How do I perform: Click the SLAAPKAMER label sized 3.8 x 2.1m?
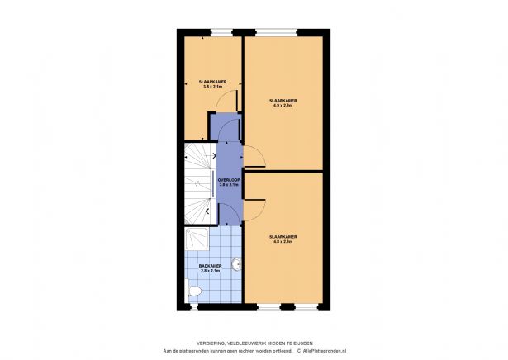tap(212, 82)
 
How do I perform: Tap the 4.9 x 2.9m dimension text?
tap(283, 106)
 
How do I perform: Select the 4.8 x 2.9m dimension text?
tap(283, 242)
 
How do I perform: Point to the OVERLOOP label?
tap(228, 179)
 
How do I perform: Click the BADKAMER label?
tap(211, 265)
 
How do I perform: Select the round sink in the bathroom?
tap(237, 264)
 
